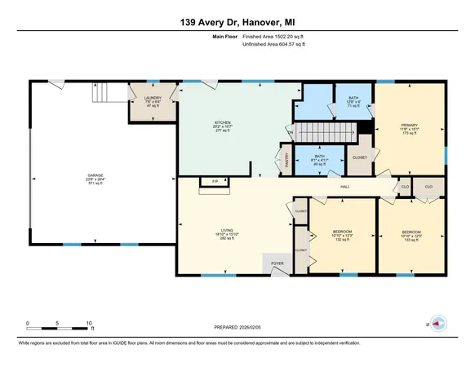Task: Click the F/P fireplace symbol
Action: click(215, 182)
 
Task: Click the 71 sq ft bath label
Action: click(353, 101)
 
